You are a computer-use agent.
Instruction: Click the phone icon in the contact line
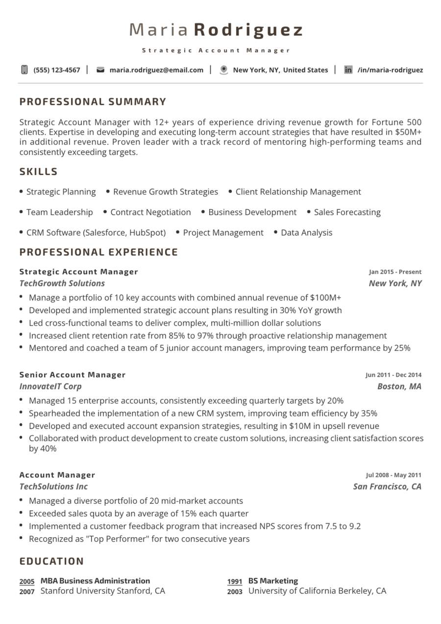click(24, 70)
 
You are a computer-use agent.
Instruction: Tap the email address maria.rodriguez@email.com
click(156, 70)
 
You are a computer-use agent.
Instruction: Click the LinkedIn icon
click(348, 70)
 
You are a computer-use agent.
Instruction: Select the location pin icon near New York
click(224, 70)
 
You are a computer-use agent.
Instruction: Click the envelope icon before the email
click(100, 70)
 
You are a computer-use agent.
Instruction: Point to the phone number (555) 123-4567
click(57, 70)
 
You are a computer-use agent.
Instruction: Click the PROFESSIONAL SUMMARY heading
click(93, 102)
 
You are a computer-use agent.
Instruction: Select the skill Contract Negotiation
click(150, 212)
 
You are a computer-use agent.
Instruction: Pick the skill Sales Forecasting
click(347, 212)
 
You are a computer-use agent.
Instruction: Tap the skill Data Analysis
click(306, 233)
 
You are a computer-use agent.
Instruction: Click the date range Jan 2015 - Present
click(395, 272)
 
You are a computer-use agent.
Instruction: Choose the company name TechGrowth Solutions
click(62, 283)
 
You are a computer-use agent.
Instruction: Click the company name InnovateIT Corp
click(50, 386)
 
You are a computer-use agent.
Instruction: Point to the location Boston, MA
click(399, 386)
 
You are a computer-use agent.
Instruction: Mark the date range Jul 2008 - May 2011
click(393, 475)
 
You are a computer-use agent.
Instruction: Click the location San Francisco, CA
click(387, 486)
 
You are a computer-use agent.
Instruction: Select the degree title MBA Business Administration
click(95, 581)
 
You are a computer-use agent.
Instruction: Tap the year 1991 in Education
click(235, 582)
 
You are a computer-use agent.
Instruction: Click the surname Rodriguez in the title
click(248, 30)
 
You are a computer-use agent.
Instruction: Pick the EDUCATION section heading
click(51, 561)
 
